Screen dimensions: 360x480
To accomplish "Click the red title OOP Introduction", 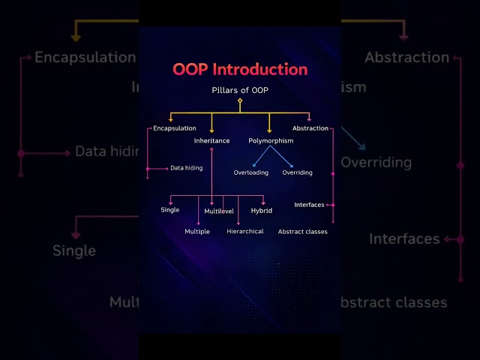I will coord(240,70).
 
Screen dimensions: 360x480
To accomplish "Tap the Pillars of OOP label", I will coord(240,90).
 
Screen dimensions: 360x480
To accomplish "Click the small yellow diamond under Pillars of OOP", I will coord(240,100).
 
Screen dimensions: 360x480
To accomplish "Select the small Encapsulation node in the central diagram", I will coord(174,128).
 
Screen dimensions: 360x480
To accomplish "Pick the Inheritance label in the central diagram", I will coord(211,140).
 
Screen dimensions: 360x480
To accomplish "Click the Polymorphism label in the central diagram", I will coord(271,140).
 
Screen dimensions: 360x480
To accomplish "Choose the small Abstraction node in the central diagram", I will coord(310,128).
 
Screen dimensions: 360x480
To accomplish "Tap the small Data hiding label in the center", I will coord(186,168).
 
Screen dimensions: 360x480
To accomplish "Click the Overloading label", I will coord(251,172).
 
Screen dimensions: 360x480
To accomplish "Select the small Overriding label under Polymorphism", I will coord(297,172).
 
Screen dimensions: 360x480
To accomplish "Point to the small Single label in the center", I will coord(170,210).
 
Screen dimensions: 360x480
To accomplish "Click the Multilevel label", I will coord(219,211).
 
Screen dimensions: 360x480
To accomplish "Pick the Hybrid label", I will coord(261,211).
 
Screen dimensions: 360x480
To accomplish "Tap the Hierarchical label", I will coord(245,232).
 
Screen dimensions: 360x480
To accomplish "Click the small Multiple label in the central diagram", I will coord(197,232).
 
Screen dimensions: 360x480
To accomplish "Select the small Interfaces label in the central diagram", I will coord(309,205).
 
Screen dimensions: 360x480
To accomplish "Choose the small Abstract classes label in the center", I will coord(302,232).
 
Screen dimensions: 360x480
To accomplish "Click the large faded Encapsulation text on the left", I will coord(85,58).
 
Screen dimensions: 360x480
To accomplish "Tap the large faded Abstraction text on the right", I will coord(406,58).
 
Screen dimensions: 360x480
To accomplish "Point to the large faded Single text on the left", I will coord(74,250).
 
